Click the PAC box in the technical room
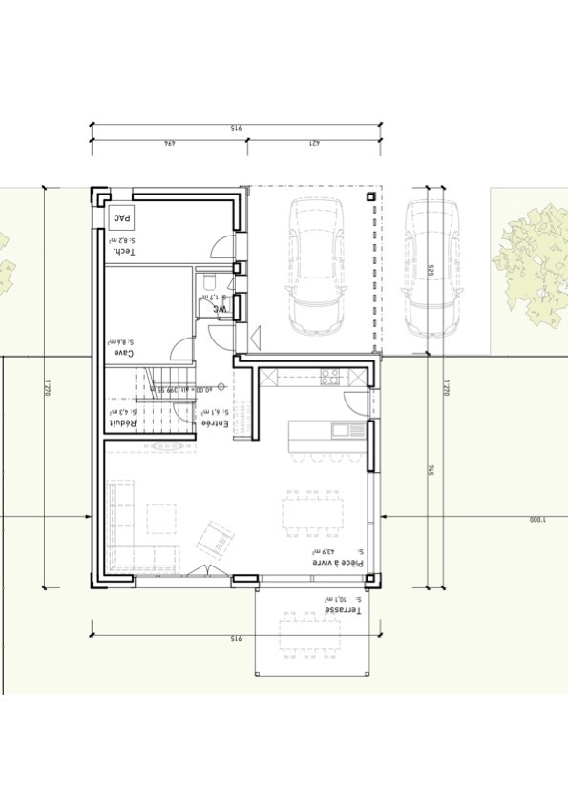coord(121,218)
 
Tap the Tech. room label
coord(122,251)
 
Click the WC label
coord(219,308)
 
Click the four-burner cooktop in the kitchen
coord(330,376)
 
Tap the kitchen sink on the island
coord(341,430)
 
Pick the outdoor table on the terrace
coord(311,640)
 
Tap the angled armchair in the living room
coord(216,539)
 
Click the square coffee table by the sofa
coord(161,519)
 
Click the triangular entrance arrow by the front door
coord(255,336)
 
